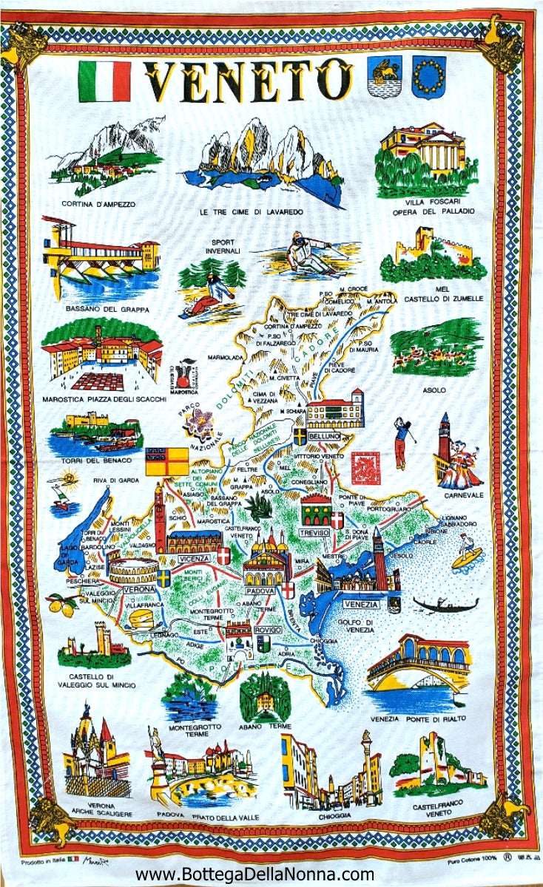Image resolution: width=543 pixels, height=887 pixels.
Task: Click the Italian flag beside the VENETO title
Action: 104,81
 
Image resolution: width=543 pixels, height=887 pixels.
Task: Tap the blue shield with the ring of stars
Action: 429,77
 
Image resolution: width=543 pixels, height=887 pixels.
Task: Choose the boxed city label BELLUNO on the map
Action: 324,437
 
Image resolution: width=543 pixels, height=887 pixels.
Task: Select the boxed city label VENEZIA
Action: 361,604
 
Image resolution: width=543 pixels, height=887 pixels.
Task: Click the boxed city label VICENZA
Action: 193,560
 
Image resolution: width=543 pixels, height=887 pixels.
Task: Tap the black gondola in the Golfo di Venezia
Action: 445,605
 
